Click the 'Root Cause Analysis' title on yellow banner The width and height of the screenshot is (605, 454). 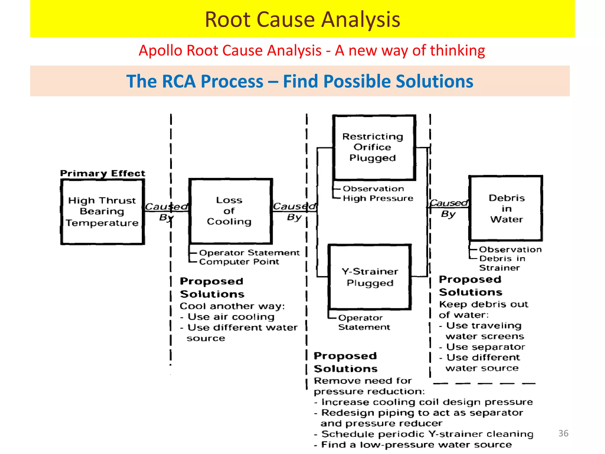(302, 20)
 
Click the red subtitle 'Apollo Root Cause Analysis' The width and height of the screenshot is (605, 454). (230, 50)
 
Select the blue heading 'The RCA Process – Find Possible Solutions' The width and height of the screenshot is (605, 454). (300, 81)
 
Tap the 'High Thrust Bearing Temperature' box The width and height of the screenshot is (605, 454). (102, 212)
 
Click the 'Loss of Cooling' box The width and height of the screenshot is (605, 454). (230, 211)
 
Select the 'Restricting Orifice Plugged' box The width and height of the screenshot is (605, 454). (373, 147)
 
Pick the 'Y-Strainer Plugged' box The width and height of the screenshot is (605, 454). (370, 277)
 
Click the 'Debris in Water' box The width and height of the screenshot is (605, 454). (506, 208)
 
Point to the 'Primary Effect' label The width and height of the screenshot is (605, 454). (103, 173)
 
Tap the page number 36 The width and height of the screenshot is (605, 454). (563, 433)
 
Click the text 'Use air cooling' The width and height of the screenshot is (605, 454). (231, 317)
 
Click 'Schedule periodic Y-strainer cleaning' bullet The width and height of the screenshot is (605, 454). (427, 434)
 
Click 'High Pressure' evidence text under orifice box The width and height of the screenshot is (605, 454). (378, 198)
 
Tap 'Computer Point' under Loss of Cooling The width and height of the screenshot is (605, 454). (239, 262)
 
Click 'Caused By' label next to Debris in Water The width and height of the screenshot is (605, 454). (448, 208)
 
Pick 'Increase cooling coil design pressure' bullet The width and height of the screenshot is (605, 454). (427, 402)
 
